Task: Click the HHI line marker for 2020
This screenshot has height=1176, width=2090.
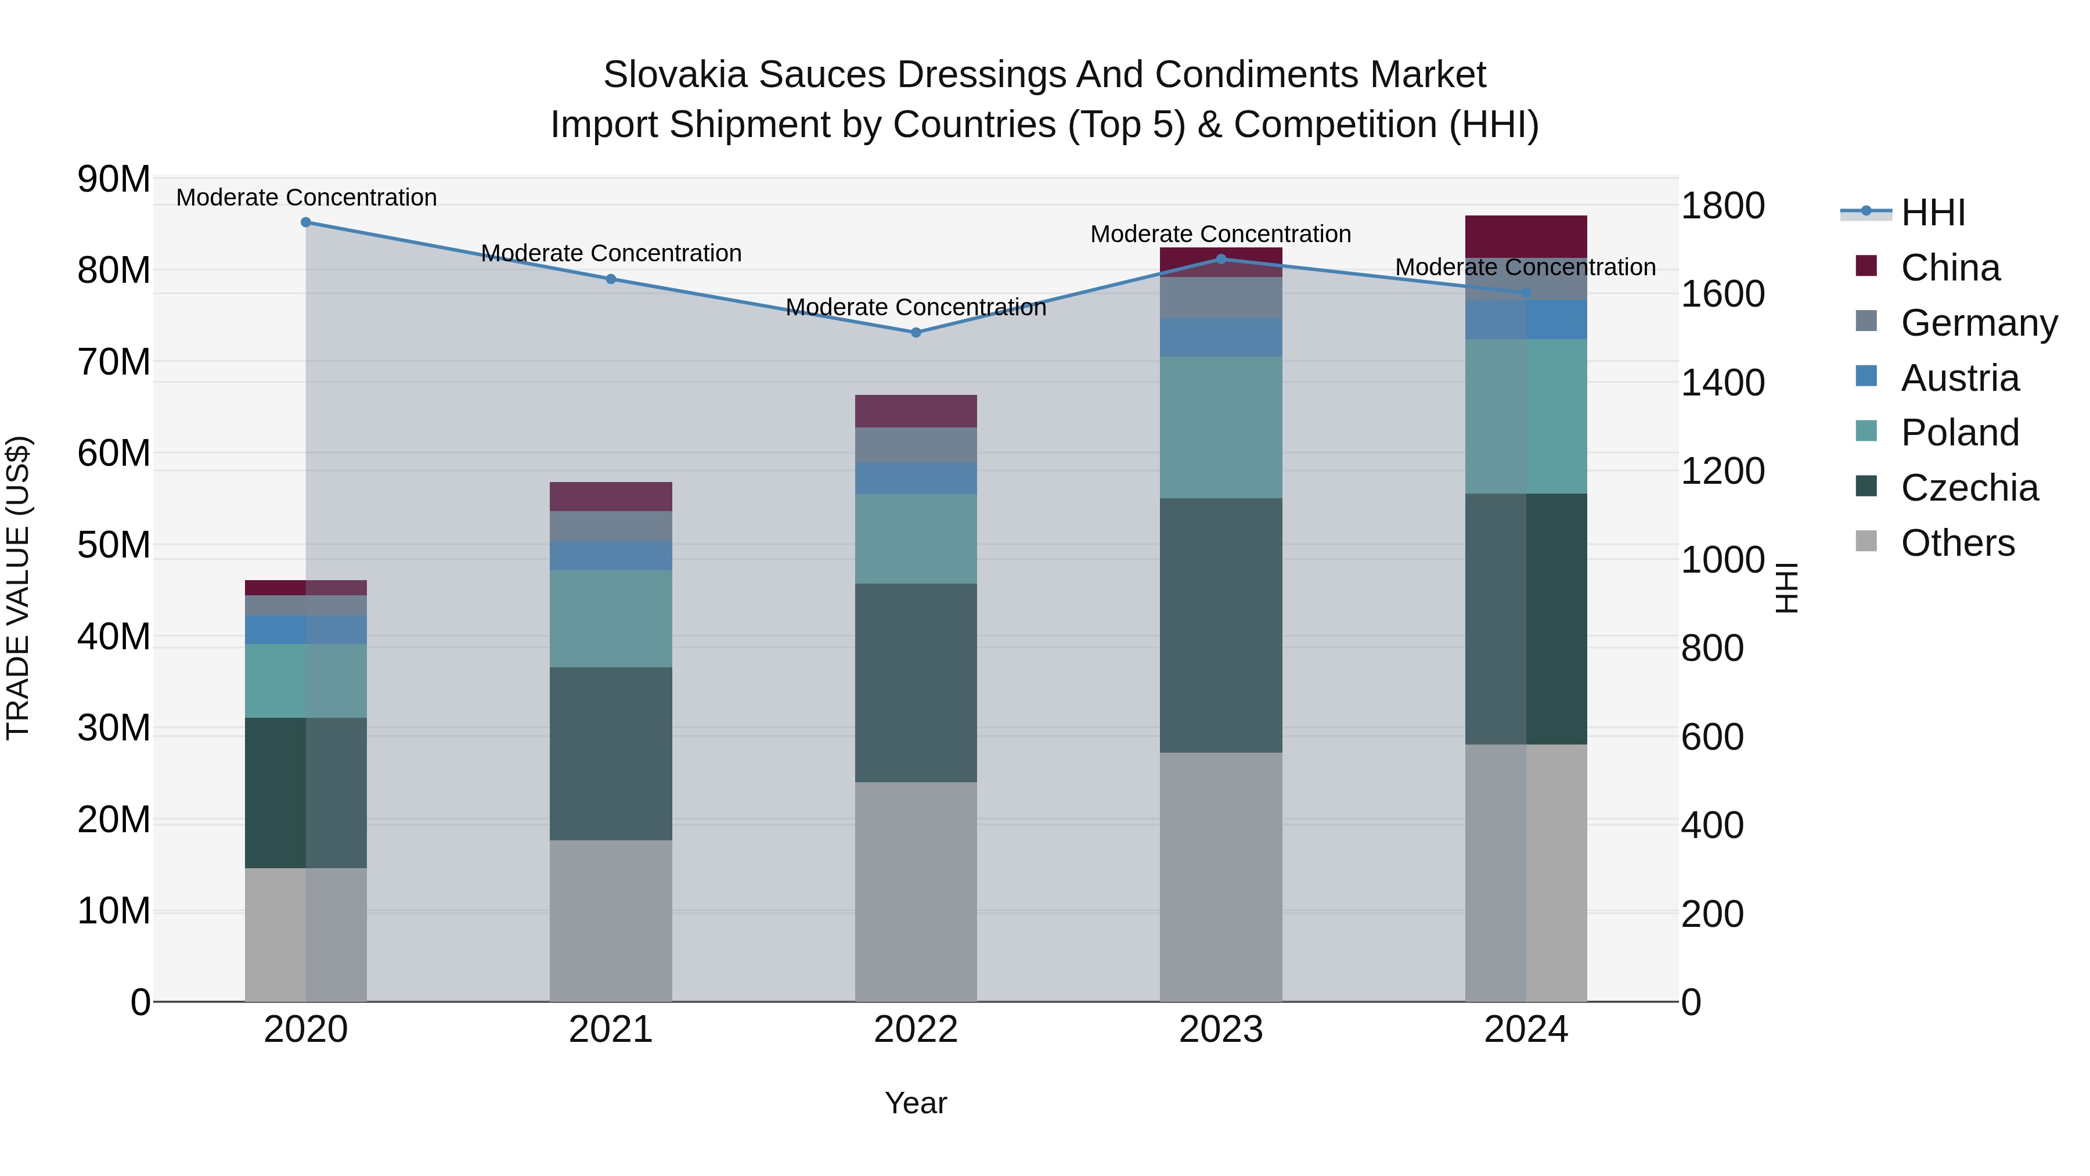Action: (306, 222)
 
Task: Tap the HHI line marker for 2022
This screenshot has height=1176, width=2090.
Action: (916, 332)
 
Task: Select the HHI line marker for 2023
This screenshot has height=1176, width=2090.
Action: (1221, 259)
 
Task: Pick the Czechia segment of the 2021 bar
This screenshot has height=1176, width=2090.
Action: (611, 753)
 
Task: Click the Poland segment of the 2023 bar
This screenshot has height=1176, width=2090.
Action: (1221, 427)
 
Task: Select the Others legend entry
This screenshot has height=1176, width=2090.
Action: (1957, 542)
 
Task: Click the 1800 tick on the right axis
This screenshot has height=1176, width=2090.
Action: (1722, 206)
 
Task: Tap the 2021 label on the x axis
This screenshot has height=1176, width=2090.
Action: (611, 1030)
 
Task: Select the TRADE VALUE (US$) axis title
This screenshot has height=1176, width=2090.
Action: (18, 588)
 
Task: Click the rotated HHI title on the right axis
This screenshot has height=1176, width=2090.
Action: (1788, 588)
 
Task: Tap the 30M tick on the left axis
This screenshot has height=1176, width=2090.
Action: (114, 728)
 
